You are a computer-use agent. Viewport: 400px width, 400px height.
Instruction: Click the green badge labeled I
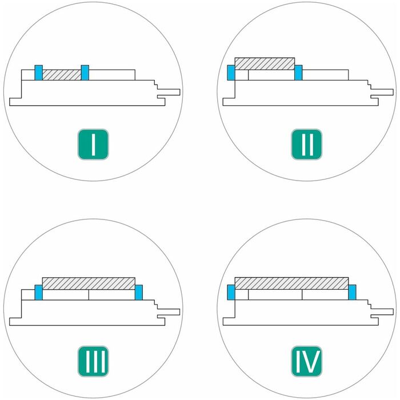coord(93,144)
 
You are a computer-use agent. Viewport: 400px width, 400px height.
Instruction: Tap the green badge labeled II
coord(306,144)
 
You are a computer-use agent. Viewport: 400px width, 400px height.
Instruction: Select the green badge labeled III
coord(93,361)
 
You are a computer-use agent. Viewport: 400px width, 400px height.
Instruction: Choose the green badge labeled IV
coord(306,361)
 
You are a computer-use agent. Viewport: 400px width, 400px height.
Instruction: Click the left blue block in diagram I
coord(38,73)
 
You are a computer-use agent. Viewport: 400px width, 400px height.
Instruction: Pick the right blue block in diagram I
coord(85,73)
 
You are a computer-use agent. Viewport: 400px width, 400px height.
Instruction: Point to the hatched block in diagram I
coord(62,75)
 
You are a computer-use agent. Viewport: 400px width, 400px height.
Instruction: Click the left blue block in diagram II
coord(231,73)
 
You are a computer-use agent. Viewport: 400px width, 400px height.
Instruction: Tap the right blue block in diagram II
coord(298,73)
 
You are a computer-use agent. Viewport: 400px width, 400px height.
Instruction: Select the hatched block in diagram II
coord(265,64)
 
